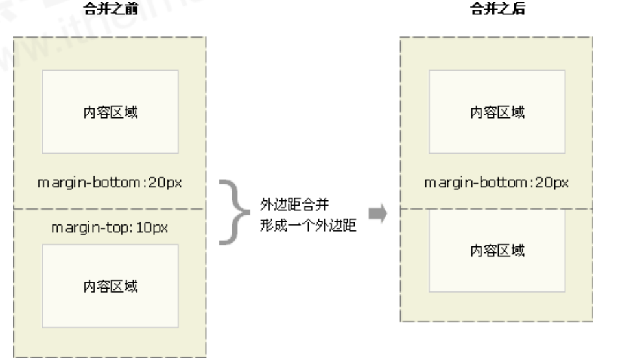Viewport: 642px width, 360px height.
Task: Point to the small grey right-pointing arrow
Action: pos(377,213)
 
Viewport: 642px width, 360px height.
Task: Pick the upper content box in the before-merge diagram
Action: pos(110,112)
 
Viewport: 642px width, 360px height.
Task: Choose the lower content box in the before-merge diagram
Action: pos(110,285)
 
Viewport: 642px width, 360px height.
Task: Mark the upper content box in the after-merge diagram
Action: pos(497,112)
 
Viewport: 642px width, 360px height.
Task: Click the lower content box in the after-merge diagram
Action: pos(497,250)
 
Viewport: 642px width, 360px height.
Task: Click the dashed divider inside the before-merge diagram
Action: pos(110,209)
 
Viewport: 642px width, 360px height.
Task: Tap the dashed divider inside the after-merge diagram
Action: pos(497,209)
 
